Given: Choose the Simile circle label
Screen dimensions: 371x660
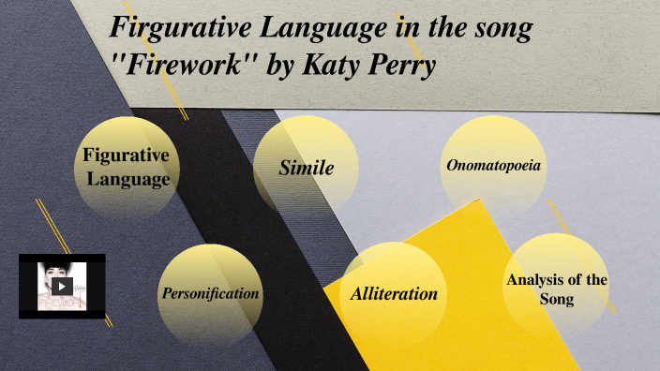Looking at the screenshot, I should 307,169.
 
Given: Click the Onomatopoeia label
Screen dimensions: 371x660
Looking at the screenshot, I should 493,166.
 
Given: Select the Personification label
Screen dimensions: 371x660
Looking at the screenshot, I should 210,293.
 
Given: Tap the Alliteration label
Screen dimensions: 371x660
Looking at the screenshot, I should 394,293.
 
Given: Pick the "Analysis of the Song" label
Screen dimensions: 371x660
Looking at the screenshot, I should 557,289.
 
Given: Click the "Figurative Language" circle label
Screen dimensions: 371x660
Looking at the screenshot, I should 127,167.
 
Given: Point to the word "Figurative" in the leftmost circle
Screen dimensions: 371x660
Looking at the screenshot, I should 127,156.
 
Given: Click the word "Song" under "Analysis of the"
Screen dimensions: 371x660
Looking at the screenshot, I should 557,299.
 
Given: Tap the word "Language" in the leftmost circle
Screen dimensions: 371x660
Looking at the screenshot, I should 127,179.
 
